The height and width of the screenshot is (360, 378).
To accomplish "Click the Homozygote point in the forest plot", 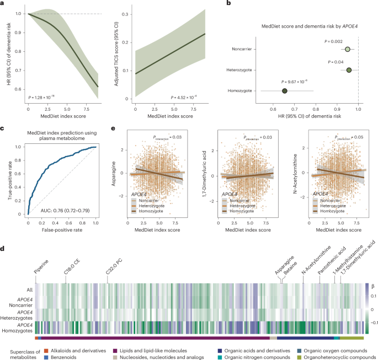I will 284,90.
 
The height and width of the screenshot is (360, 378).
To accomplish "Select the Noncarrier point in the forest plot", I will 348,50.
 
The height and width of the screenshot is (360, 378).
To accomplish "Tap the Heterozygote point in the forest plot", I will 349,70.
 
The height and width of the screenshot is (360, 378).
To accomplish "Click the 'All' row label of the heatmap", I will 27,289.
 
